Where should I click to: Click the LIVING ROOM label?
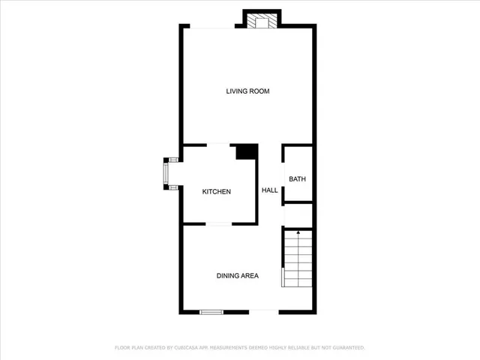point(247,91)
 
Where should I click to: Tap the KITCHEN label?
point(217,192)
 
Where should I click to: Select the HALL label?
point(270,190)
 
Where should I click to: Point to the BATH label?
point(298,179)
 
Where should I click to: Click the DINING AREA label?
point(238,276)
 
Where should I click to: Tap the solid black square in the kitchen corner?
point(247,151)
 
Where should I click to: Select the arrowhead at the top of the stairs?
point(298,233)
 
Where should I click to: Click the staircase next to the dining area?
point(298,259)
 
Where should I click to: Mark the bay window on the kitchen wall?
point(169,173)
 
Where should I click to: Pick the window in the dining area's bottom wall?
point(211,311)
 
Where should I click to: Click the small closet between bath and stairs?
point(297,214)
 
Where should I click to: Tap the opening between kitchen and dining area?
point(219,223)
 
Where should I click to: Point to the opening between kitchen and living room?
point(218,145)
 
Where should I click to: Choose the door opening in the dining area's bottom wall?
point(263,311)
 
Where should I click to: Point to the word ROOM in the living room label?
point(259,91)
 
